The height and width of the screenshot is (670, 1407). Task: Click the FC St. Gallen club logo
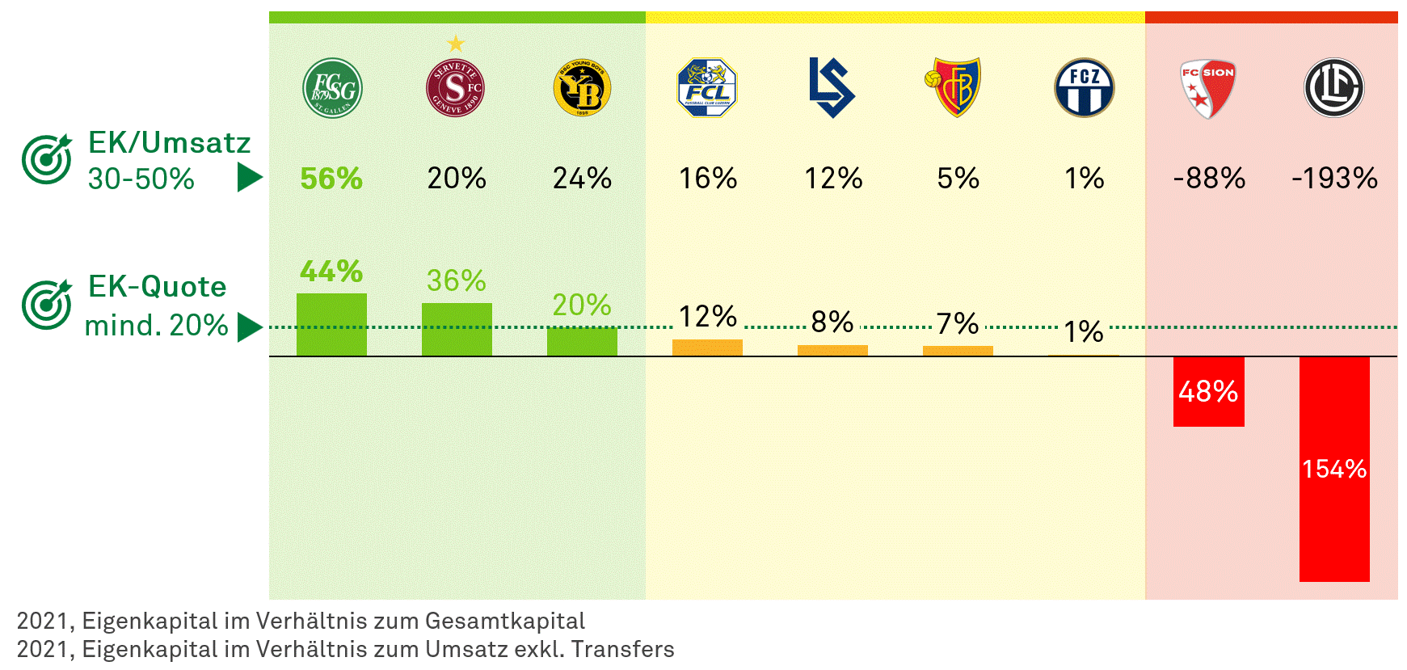click(332, 88)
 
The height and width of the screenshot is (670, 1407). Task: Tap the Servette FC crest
click(455, 88)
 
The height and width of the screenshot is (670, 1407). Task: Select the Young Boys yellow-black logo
click(582, 88)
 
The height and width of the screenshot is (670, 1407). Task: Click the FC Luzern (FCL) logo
click(707, 88)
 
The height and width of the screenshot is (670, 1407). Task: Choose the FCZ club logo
click(1084, 88)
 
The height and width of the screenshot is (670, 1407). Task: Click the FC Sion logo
click(1207, 88)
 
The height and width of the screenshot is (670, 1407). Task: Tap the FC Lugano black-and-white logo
click(1333, 88)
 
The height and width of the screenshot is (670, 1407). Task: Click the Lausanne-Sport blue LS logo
click(832, 88)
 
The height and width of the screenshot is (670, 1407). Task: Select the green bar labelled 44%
click(331, 325)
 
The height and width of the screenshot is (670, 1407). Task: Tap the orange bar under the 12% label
click(707, 348)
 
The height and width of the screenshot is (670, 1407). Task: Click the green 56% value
click(331, 179)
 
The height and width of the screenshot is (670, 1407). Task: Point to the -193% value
click(1334, 179)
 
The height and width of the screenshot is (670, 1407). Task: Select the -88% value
click(1209, 179)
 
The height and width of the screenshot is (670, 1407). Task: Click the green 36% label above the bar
click(457, 281)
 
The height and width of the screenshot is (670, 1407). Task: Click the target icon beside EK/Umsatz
click(47, 159)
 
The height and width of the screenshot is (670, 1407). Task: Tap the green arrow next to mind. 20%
click(250, 327)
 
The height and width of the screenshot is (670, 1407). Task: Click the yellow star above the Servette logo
click(456, 43)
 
